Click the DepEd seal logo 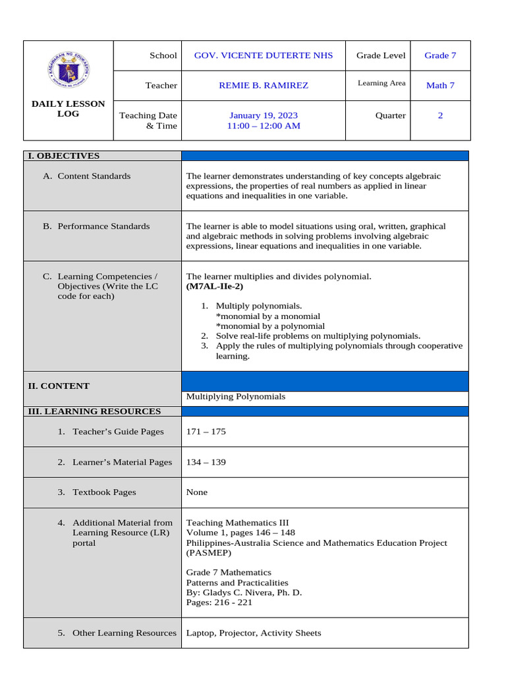69,69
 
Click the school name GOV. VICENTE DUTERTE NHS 263,55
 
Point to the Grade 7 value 440,55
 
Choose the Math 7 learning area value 440,85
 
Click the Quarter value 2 440,115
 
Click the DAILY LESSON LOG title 68,109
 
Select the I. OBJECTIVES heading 63,156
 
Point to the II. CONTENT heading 59,386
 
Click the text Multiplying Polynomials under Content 236,397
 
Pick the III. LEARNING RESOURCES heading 94,411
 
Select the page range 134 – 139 206,462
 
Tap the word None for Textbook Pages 197,492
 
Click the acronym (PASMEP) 210,553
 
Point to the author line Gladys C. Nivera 244,593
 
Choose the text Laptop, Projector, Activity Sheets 254,633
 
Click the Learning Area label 381,83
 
